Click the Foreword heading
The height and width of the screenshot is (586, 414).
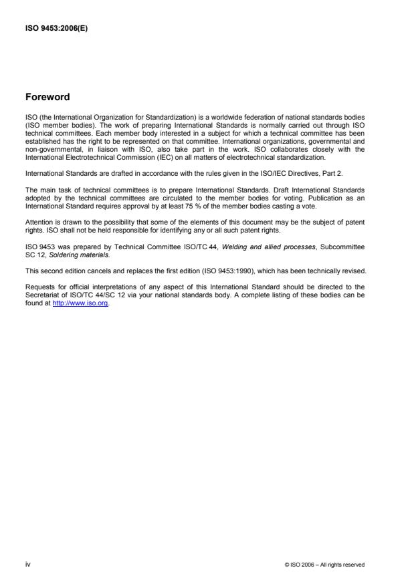point(47,97)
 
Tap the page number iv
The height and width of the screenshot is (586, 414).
point(27,565)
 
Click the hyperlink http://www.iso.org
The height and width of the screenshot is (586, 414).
point(80,310)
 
